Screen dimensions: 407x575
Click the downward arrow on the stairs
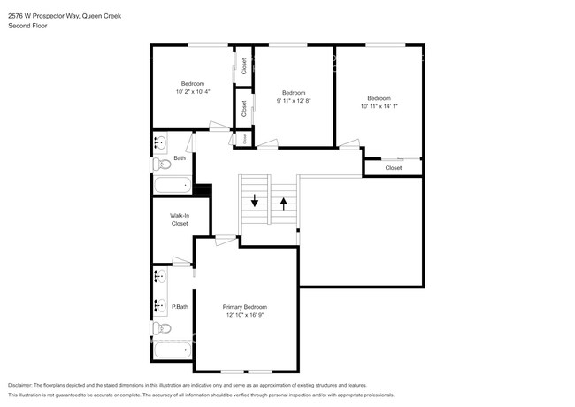pos(255,201)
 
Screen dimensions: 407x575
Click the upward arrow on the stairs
pos(284,201)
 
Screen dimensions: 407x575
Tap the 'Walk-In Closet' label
pos(180,219)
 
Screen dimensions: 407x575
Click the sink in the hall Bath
pos(161,142)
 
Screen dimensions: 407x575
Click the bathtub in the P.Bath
pos(172,349)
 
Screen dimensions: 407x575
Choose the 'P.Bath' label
pos(180,307)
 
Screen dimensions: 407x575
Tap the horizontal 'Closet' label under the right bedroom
pos(394,167)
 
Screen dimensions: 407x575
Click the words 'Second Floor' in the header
pos(27,26)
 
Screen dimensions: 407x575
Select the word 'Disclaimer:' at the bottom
pos(24,386)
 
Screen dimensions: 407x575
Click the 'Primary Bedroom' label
pos(245,307)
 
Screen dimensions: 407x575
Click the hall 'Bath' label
pos(180,158)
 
